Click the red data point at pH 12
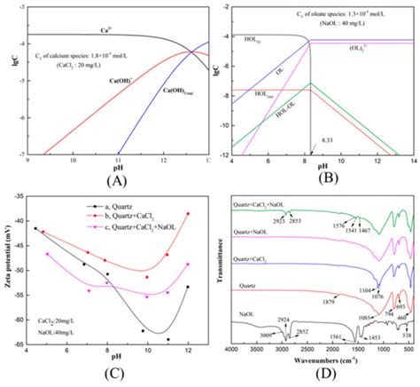(x=188, y=214)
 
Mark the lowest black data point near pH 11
(x=168, y=339)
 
